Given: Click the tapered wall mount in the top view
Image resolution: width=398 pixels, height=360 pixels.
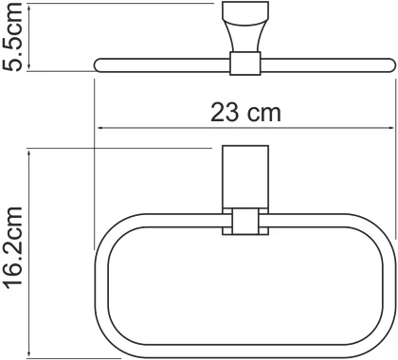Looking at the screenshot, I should pyautogui.click(x=244, y=29).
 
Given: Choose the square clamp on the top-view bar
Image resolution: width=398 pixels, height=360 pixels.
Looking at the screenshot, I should pyautogui.click(x=244, y=64).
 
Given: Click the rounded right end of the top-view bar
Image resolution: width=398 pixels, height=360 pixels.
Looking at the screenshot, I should pyautogui.click(x=388, y=64).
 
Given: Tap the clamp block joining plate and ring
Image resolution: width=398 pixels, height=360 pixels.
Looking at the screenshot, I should pyautogui.click(x=244, y=223).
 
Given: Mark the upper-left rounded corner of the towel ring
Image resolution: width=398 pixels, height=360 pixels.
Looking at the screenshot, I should pyautogui.click(x=114, y=232).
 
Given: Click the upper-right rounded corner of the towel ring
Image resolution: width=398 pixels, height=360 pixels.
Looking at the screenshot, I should pyautogui.click(x=374, y=232).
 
